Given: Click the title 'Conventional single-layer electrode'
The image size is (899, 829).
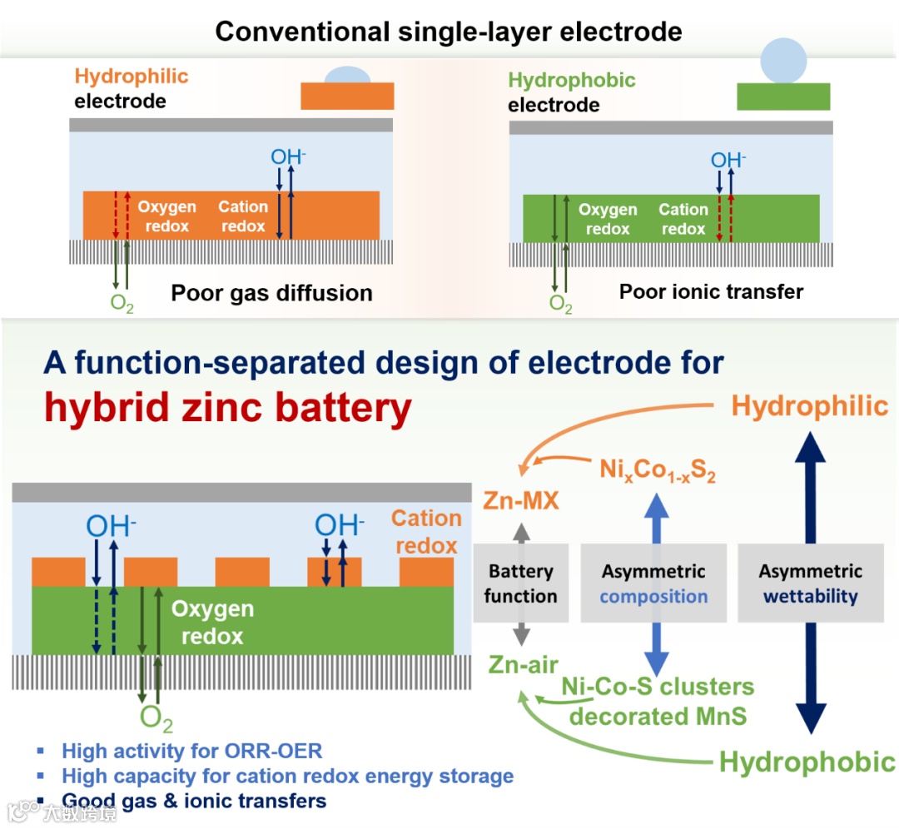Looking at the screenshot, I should pyautogui.click(x=449, y=32).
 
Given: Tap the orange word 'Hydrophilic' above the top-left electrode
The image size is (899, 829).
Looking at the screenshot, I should pyautogui.click(x=132, y=77).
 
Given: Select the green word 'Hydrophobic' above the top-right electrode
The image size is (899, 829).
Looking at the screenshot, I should pyautogui.click(x=571, y=81).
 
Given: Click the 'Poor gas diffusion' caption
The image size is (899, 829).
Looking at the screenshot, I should pyautogui.click(x=271, y=293).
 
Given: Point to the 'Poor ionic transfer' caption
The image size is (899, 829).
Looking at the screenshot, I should pyautogui.click(x=711, y=291).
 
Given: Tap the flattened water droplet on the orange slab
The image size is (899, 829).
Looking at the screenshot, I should pyautogui.click(x=346, y=77).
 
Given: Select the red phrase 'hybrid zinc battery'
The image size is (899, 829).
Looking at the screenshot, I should pyautogui.click(x=228, y=409).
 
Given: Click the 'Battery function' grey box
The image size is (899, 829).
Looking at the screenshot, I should pyautogui.click(x=520, y=583).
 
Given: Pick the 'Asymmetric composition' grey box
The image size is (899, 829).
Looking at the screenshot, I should pyautogui.click(x=653, y=583).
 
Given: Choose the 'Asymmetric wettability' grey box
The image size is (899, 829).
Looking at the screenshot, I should pyautogui.click(x=810, y=583).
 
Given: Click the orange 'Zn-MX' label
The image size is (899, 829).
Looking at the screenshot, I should pyautogui.click(x=520, y=501).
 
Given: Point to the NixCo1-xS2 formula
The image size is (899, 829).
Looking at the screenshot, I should pyautogui.click(x=658, y=471).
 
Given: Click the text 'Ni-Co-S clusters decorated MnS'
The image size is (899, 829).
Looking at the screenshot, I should pyautogui.click(x=658, y=702).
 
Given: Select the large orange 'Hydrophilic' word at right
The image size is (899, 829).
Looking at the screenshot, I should pyautogui.click(x=809, y=406).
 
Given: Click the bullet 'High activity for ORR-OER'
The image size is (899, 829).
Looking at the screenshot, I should pyautogui.click(x=191, y=751).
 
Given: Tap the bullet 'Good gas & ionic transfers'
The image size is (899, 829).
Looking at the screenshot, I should pyautogui.click(x=194, y=802).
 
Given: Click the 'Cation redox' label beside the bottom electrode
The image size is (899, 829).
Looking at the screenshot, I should pyautogui.click(x=425, y=532).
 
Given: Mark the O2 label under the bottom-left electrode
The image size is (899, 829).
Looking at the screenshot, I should pyautogui.click(x=156, y=717).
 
